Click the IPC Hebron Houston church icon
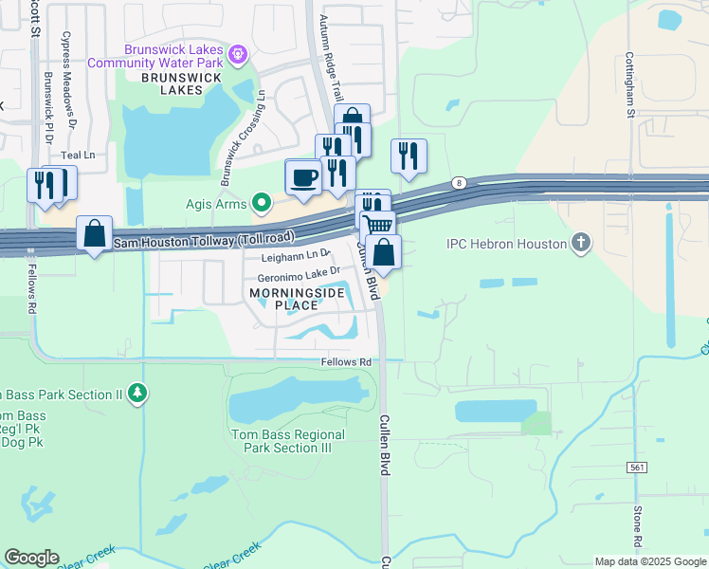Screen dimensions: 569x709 581,244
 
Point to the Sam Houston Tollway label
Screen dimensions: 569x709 204,241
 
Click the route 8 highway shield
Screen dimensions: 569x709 460,182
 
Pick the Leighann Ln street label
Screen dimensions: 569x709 295,255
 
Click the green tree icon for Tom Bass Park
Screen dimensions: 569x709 138,393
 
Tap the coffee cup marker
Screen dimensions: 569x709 303,177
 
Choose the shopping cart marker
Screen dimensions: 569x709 378,226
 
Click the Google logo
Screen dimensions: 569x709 31,558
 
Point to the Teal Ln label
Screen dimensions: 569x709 79,155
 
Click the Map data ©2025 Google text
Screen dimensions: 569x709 649,561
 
